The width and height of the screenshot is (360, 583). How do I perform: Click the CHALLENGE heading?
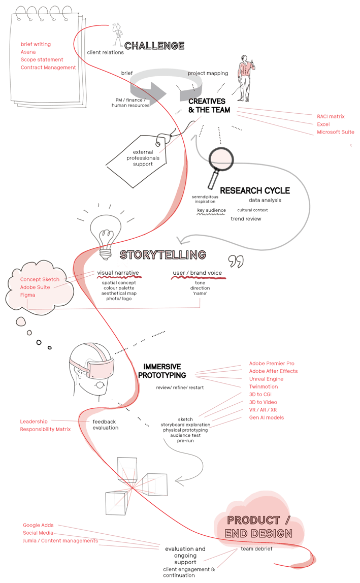154,46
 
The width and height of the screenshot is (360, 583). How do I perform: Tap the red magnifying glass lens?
221,158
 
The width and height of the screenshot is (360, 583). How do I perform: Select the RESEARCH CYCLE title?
255,190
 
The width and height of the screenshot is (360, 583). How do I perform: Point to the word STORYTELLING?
162,254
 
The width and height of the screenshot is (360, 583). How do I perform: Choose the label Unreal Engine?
266,379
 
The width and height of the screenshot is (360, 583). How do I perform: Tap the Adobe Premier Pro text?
272,364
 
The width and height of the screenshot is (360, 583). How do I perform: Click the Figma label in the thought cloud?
28,295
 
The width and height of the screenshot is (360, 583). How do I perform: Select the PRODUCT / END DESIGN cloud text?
259,527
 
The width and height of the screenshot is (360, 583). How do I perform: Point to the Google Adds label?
38,525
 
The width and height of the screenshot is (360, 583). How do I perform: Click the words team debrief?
256,549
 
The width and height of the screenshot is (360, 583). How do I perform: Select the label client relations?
105,52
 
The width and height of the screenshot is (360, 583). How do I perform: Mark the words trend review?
246,219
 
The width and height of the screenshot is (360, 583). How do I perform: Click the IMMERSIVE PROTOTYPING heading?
162,371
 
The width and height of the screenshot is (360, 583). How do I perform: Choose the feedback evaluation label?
105,425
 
